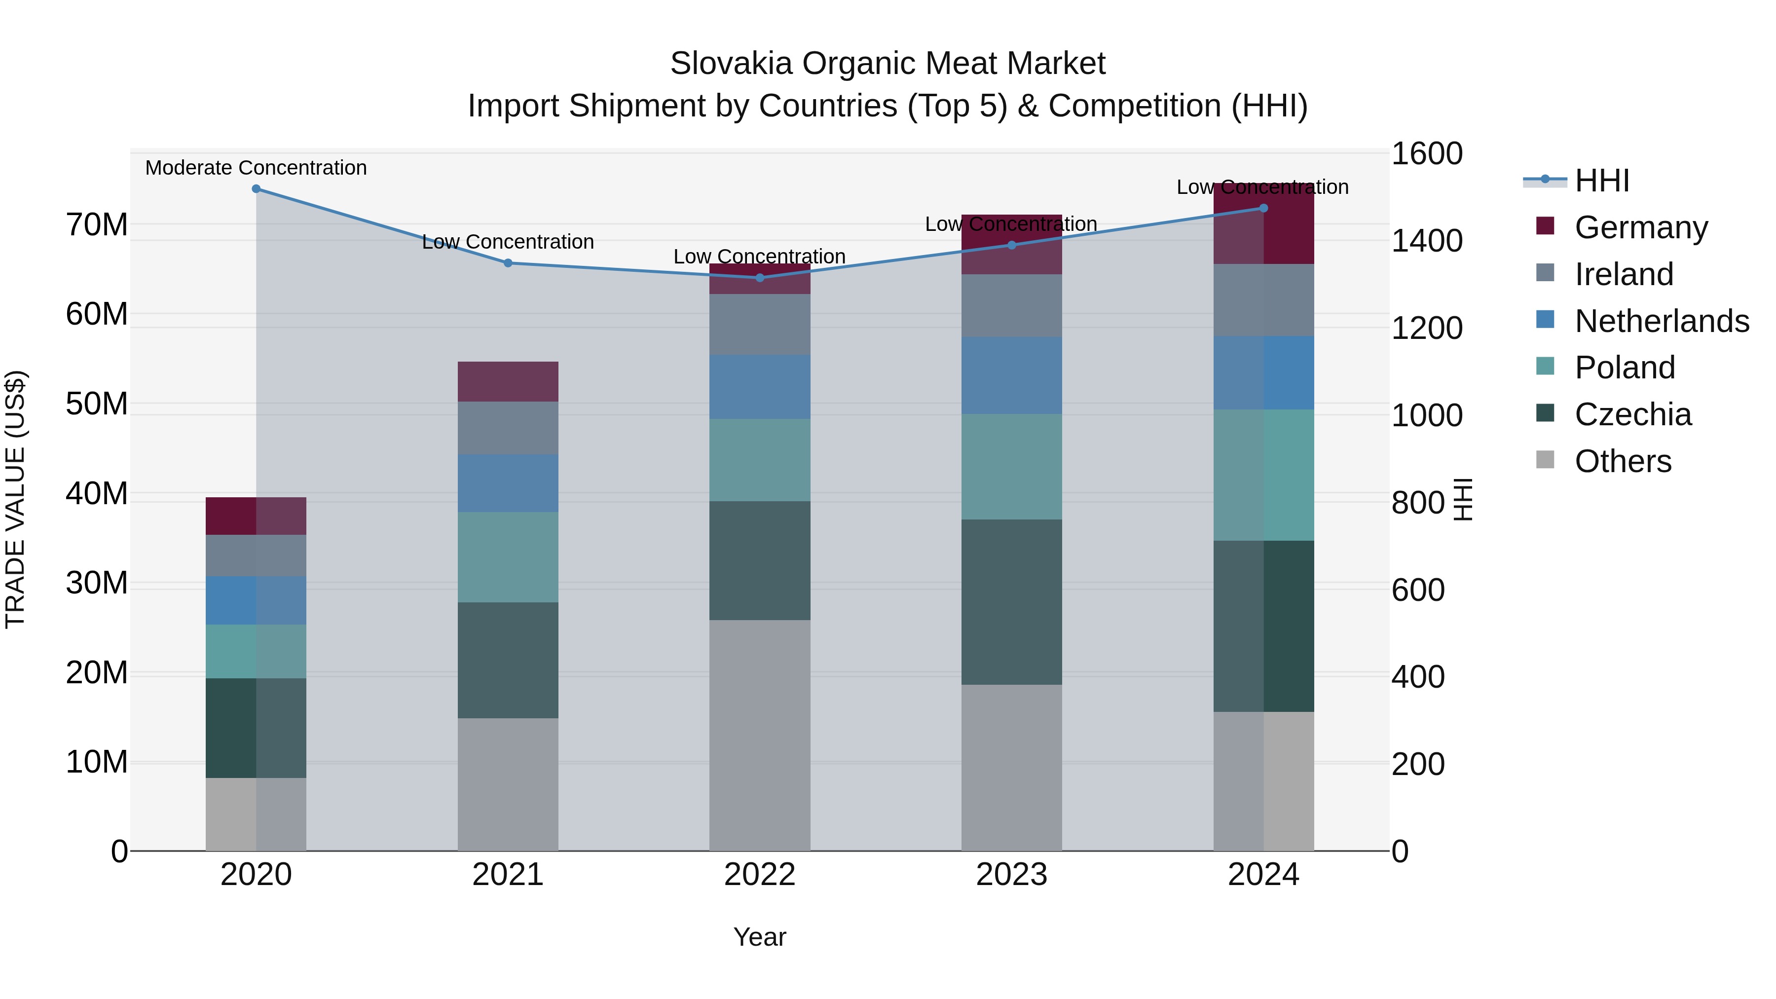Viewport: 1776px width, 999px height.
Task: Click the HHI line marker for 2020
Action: pos(256,189)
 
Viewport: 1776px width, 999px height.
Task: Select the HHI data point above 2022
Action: pos(760,278)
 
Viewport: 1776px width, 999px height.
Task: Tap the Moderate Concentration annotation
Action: pos(256,168)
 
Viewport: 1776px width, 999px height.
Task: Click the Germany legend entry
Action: pos(1641,227)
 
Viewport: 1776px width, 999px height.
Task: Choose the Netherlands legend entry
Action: pos(1662,321)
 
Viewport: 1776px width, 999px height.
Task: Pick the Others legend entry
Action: pos(1623,461)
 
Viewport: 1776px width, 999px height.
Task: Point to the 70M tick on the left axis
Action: pos(97,225)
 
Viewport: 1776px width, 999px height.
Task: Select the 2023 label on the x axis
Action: pos(1011,875)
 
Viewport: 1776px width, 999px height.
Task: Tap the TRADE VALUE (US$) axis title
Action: pos(15,499)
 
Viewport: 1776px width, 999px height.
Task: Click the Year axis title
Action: pos(760,937)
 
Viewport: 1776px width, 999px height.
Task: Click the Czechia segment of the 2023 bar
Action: pos(1011,601)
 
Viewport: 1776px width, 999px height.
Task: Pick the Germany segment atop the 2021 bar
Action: pos(508,381)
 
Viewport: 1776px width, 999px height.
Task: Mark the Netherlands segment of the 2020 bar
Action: pos(256,600)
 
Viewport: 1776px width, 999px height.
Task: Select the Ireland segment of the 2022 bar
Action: pos(760,325)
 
